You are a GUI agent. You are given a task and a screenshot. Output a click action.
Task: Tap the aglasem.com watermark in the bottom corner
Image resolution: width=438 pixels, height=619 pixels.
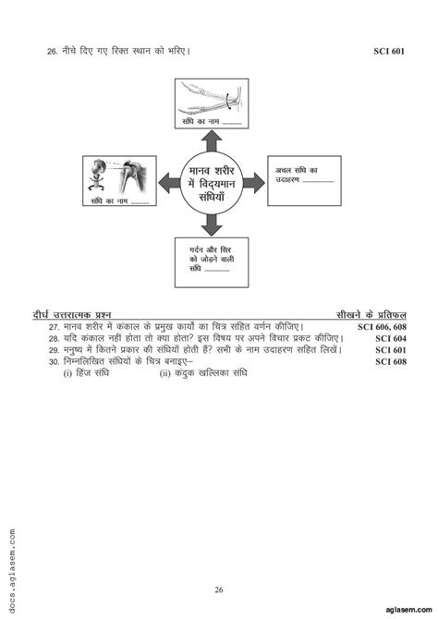[x=407, y=611]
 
